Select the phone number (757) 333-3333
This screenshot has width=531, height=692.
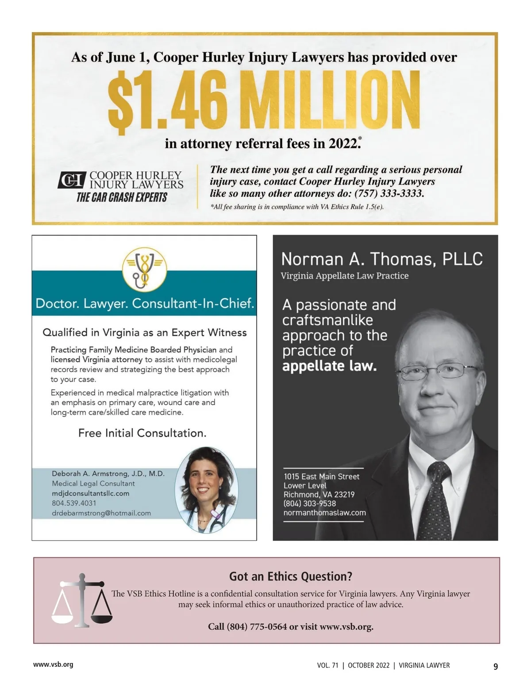[x=389, y=193]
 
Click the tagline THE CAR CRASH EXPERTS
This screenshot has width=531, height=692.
[x=122, y=197]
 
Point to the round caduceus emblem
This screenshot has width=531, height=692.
[x=144, y=269]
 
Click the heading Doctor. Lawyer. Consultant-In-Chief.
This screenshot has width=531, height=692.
[x=144, y=304]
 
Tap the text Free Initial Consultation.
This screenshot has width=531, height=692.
[x=142, y=433]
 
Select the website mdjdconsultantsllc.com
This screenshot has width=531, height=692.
[x=90, y=493]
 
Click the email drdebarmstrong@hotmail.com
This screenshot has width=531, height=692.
[x=101, y=513]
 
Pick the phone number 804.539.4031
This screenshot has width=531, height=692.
[x=74, y=503]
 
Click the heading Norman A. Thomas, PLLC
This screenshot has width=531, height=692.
[x=381, y=259]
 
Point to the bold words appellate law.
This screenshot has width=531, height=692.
[x=329, y=366]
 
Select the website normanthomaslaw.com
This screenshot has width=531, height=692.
[x=324, y=512]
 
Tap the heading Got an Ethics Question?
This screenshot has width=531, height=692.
[x=290, y=576]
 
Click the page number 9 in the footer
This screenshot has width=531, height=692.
[x=496, y=666]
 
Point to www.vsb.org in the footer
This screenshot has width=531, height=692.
[x=53, y=664]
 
